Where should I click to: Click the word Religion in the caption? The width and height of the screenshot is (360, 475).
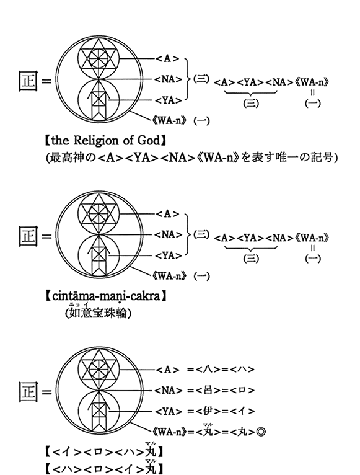[x=96, y=141]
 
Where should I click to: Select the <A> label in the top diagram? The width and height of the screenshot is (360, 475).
[x=167, y=58]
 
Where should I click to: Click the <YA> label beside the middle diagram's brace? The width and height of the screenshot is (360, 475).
[x=169, y=255]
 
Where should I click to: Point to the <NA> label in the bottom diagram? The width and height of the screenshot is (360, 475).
[x=169, y=390]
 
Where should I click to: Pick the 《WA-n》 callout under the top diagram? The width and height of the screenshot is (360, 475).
[x=169, y=121]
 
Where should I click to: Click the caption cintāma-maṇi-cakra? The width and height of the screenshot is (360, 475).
[x=106, y=296]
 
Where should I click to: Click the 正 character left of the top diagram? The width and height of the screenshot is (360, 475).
[x=28, y=81]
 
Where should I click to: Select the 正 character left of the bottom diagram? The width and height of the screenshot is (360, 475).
[x=28, y=392]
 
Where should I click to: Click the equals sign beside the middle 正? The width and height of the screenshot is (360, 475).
[x=46, y=236]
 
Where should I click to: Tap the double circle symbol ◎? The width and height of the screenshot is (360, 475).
[x=261, y=432]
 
